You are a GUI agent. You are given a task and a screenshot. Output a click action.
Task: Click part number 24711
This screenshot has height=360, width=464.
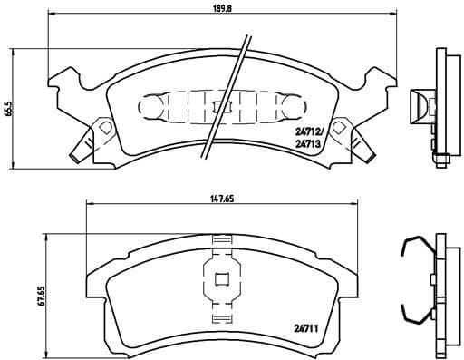click(305, 328)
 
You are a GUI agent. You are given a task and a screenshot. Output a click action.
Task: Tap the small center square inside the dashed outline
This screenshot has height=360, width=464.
click(216, 108)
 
